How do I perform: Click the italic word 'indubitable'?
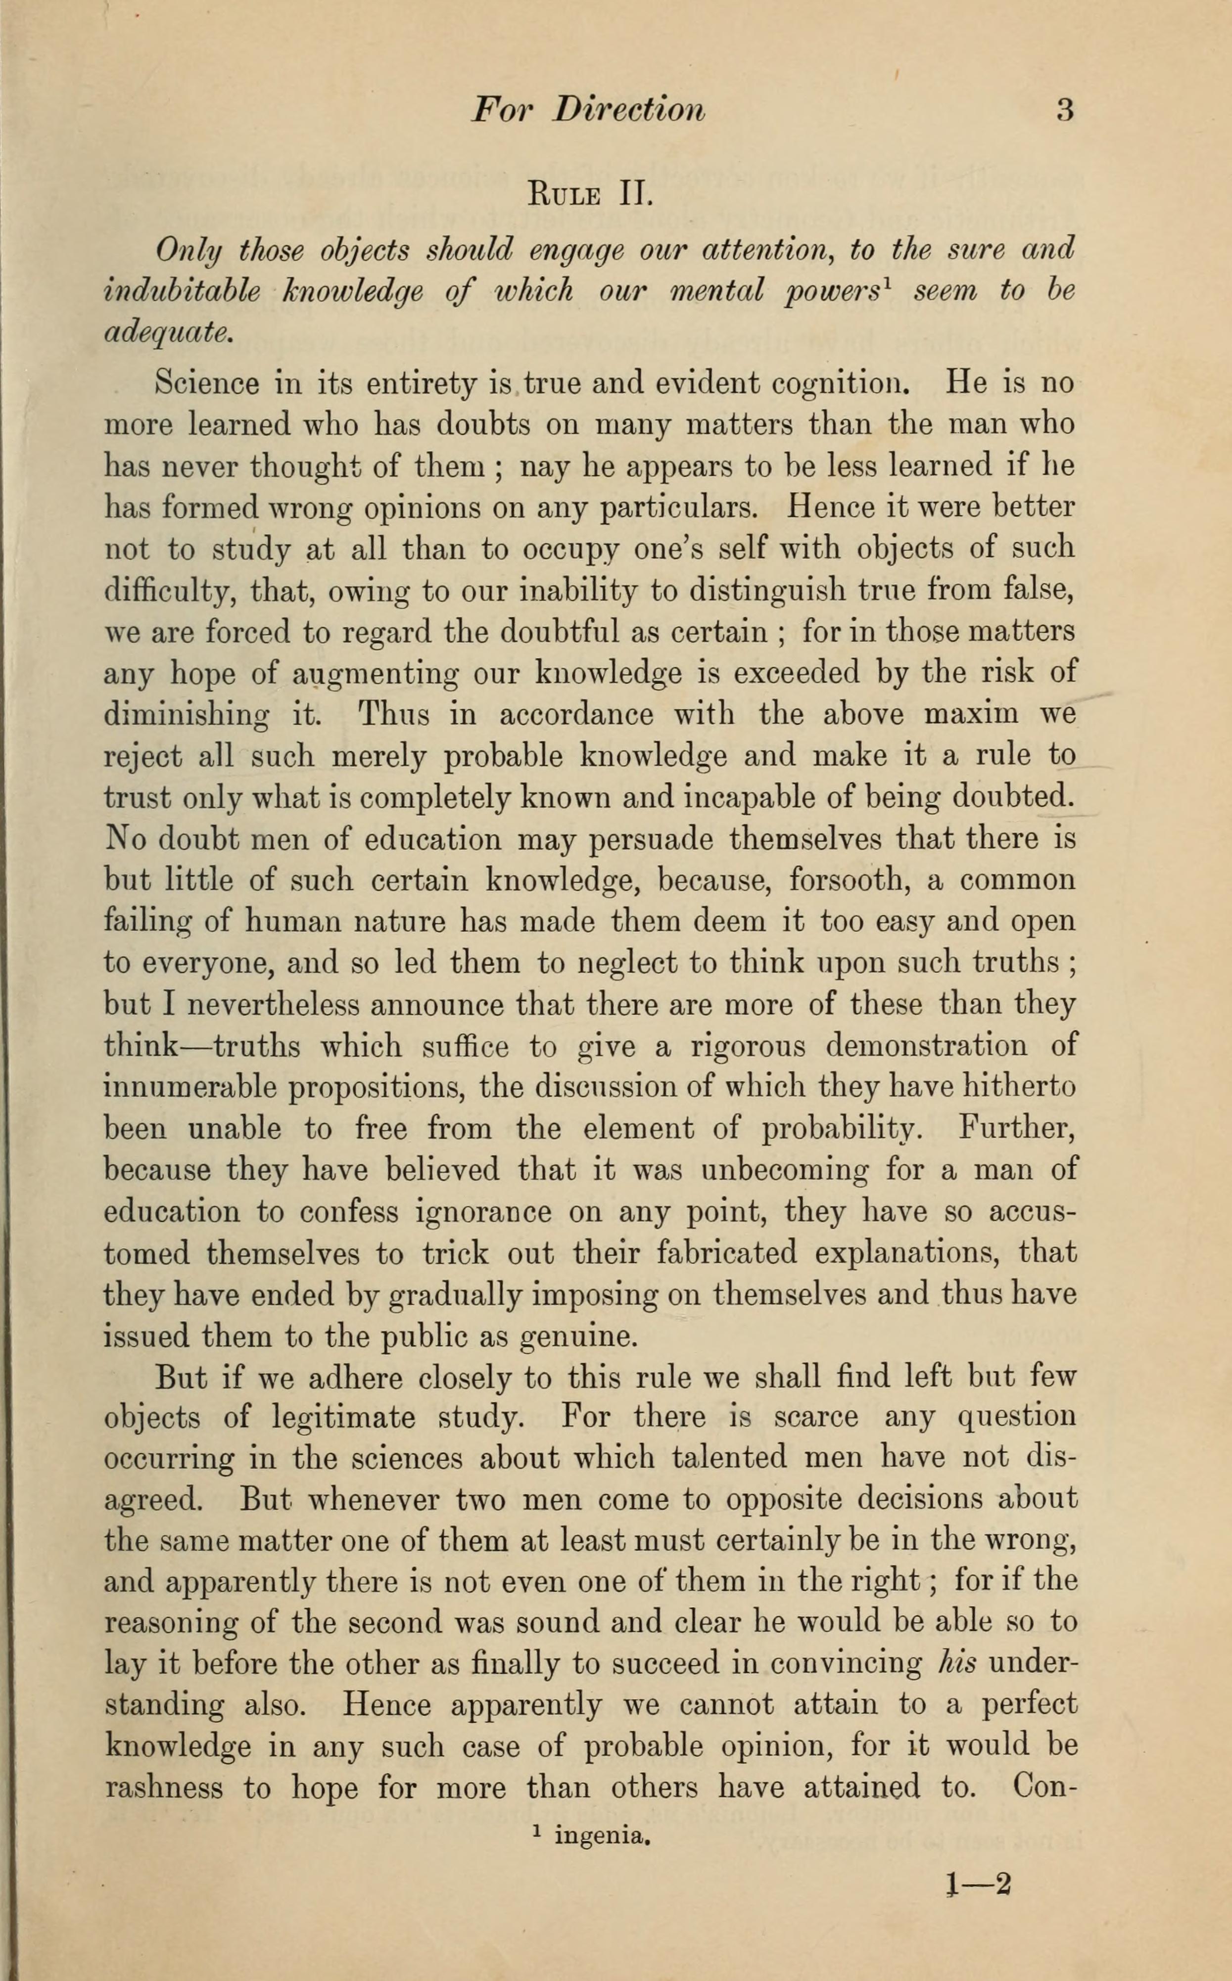[183, 290]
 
